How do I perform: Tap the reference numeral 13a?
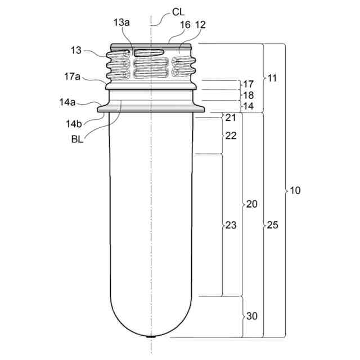[x=121, y=22]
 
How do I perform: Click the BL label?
[x=76, y=139]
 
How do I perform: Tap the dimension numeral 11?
[x=272, y=78]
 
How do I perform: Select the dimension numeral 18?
[x=248, y=95]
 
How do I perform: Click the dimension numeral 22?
[x=231, y=136]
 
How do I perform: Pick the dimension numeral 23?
[x=231, y=225]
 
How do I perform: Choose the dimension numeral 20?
[x=251, y=204]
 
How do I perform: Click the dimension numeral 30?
[x=251, y=316]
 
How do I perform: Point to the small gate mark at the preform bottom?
[x=151, y=337]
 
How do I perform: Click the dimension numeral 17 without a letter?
[x=248, y=84]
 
